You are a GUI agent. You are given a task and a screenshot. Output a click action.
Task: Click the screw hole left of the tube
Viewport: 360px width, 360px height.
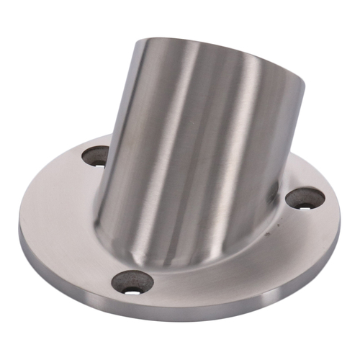coord(96,156)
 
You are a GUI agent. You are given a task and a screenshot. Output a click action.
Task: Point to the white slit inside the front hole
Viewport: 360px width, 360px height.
coord(132,290)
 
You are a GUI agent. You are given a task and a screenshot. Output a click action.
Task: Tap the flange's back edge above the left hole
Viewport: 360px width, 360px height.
coord(79,144)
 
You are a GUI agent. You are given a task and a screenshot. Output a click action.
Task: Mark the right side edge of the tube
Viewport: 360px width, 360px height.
coord(292,144)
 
